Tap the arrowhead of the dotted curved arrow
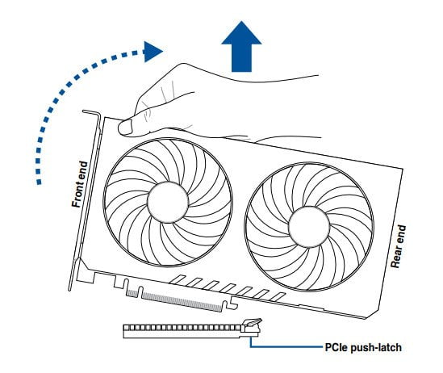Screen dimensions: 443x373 153,52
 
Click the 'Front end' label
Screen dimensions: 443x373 80,184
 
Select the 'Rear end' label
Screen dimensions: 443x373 398,246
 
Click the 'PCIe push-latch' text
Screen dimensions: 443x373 363,347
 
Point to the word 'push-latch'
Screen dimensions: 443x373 376,347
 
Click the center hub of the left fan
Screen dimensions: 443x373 168,203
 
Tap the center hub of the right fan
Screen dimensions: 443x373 309,227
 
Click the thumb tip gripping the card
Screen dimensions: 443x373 125,128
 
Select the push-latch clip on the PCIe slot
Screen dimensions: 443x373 252,325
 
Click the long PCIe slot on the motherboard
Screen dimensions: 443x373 191,331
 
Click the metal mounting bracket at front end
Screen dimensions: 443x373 86,198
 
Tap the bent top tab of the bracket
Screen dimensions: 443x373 92,112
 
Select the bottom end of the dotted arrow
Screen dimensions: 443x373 39,182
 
